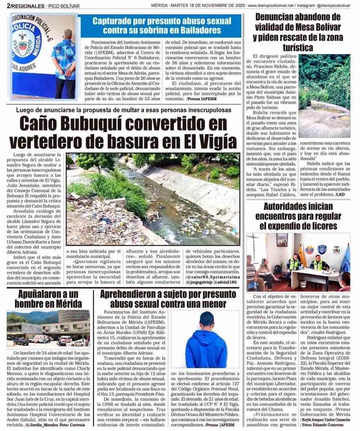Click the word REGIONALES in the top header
(x=28, y=6)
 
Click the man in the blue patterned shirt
(x=64, y=63)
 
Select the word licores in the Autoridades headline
(x=317, y=226)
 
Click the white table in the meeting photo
(x=314, y=274)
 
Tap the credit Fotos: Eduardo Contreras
(x=316, y=424)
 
